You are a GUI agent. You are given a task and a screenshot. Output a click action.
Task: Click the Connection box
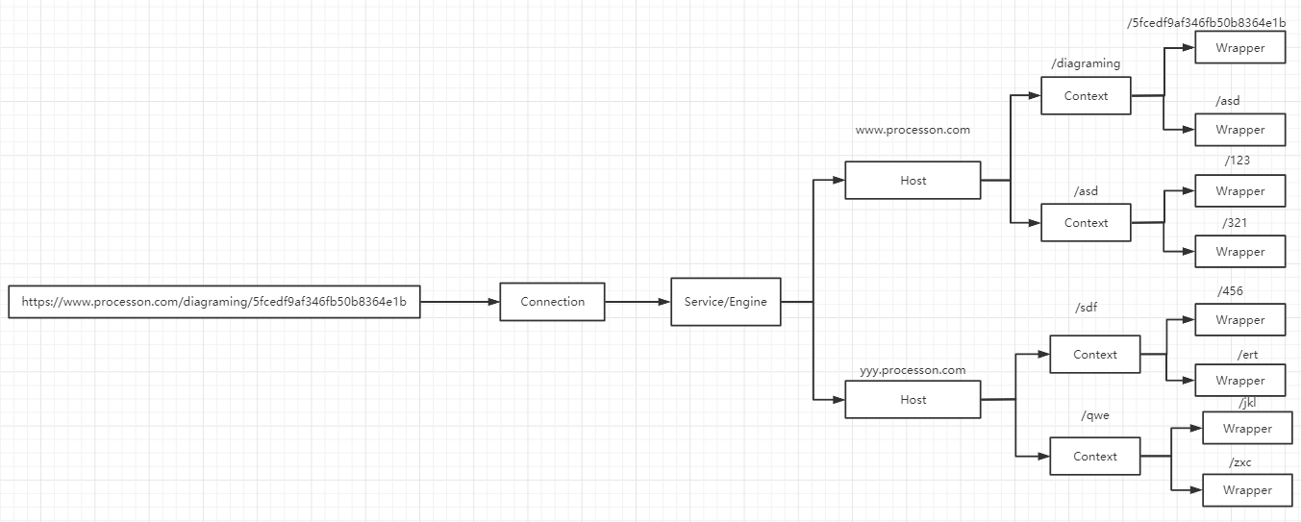[x=552, y=302]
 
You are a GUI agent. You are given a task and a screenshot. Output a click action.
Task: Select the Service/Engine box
[x=726, y=302]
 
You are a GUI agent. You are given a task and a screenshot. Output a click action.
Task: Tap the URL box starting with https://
[x=214, y=302]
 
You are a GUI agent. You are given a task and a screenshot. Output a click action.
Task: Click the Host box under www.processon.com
[x=913, y=181]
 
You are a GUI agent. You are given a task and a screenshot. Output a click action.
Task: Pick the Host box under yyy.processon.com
[x=913, y=400]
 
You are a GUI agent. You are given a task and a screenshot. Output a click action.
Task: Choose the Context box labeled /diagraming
[x=1086, y=96]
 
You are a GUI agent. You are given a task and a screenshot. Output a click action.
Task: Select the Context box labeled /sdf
[x=1095, y=355]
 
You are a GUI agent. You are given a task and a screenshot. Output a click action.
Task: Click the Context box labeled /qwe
[x=1095, y=457]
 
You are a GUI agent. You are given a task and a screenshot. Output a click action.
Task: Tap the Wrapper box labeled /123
[x=1239, y=191]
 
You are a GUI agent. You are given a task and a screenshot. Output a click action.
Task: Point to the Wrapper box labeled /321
[x=1239, y=252]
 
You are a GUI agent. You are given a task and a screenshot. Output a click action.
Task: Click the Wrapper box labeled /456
[x=1239, y=320]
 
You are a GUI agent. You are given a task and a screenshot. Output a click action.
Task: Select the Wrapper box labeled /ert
[x=1239, y=381]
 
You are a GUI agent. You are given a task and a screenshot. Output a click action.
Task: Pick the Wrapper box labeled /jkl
[x=1247, y=429]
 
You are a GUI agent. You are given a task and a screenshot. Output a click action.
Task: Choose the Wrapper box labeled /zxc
[x=1247, y=490]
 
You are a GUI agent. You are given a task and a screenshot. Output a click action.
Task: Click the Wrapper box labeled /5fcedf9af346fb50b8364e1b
[x=1239, y=48]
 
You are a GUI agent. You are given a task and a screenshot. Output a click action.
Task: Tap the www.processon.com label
[x=913, y=130]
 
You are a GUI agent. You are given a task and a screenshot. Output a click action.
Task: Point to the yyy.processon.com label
[x=913, y=370]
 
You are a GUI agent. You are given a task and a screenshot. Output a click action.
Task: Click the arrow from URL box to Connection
[x=460, y=302]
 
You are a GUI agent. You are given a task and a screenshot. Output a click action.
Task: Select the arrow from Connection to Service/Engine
[x=638, y=302]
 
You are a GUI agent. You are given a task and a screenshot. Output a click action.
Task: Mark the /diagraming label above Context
[x=1086, y=63]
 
